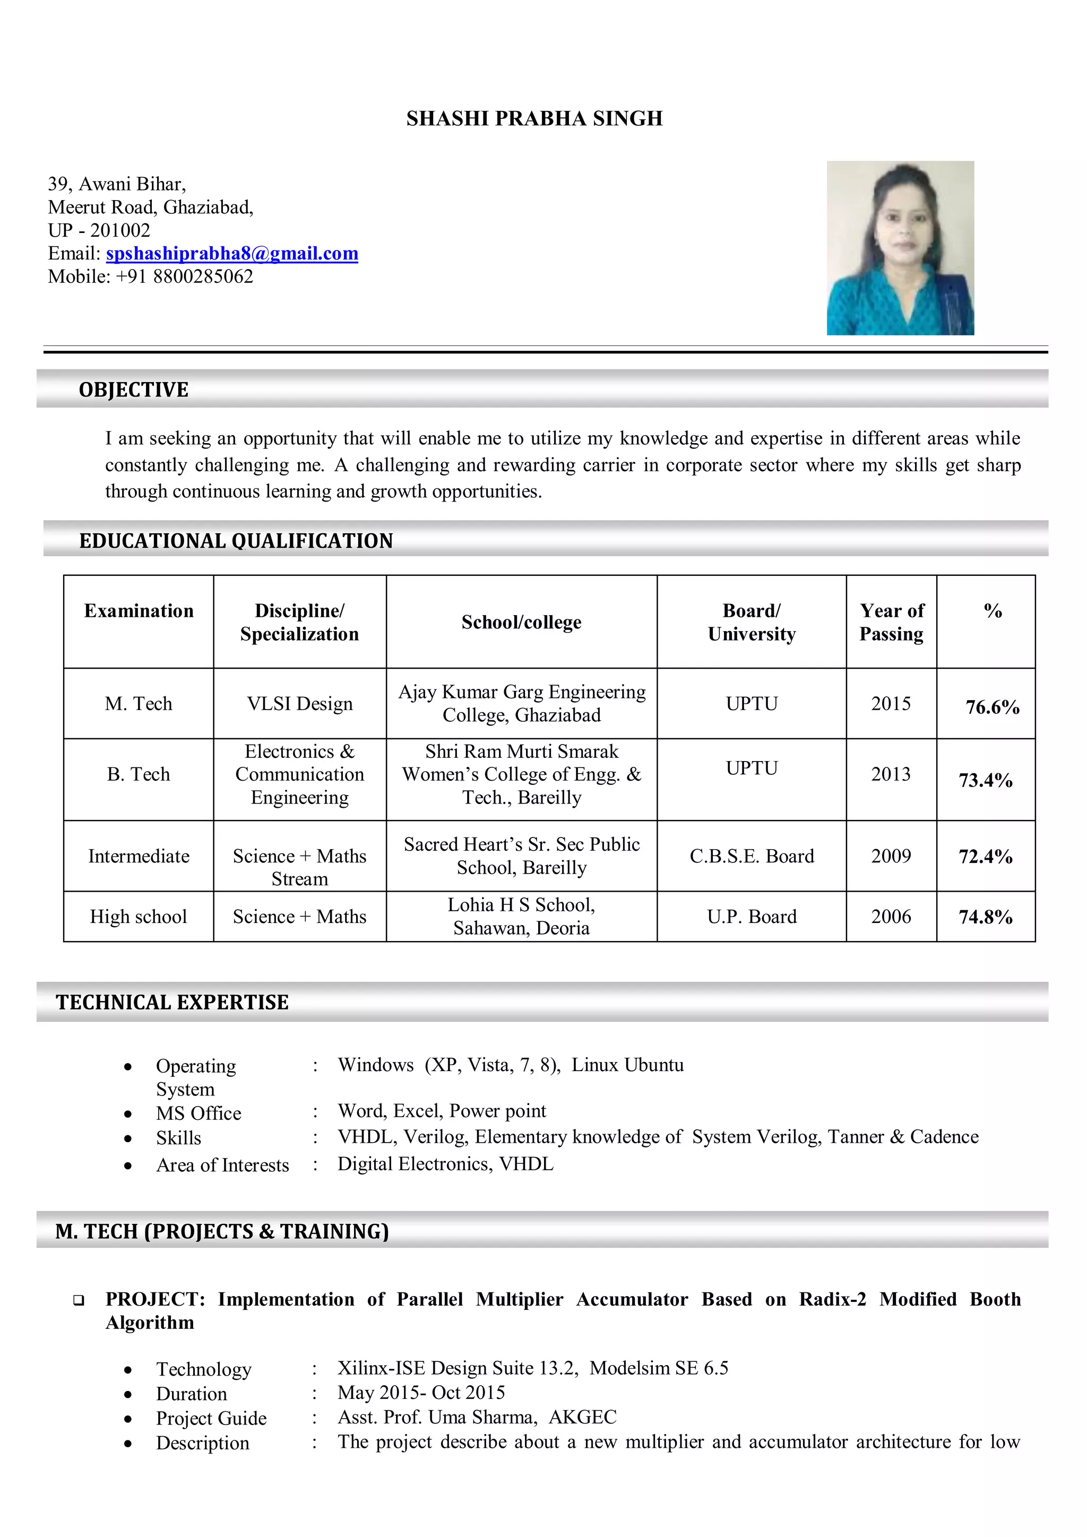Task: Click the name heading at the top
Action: point(534,118)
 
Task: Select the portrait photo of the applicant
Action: point(900,248)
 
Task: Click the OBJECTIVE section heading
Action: point(134,390)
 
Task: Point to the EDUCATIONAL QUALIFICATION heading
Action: point(236,541)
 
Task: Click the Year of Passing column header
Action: point(891,622)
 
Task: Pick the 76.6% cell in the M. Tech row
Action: point(992,707)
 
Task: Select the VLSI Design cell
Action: point(299,704)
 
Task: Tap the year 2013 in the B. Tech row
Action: point(891,774)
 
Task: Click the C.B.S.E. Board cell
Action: point(752,856)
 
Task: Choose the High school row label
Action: point(139,917)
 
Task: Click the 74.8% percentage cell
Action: point(985,917)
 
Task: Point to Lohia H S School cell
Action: point(521,917)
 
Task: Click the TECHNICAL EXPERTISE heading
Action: point(172,1002)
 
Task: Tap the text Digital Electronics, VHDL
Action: point(445,1164)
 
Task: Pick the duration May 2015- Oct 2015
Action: point(421,1393)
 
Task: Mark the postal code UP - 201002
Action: point(99,230)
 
